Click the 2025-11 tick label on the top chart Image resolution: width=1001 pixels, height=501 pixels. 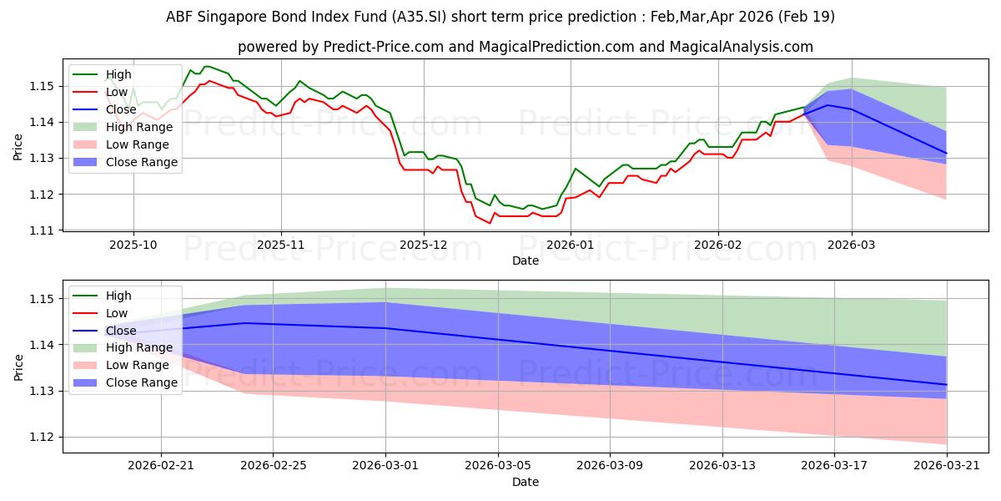(x=281, y=245)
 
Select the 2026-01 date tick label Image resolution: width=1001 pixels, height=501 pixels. (x=571, y=245)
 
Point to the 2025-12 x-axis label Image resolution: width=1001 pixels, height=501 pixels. (x=424, y=245)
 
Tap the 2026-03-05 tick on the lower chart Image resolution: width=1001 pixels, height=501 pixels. (x=498, y=466)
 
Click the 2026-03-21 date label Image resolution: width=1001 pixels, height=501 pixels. (x=947, y=466)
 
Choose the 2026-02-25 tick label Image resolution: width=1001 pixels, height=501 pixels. (x=274, y=466)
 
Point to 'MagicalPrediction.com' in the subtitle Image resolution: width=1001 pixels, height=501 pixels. (x=556, y=47)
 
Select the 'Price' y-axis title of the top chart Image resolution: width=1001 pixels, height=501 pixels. (x=18, y=147)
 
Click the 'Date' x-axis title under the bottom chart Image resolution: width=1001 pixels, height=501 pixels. (x=526, y=483)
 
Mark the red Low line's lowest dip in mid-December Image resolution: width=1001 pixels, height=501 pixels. (x=490, y=223)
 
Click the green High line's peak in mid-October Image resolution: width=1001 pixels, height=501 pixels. (x=207, y=66)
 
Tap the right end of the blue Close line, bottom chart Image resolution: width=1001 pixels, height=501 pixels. (x=947, y=385)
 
